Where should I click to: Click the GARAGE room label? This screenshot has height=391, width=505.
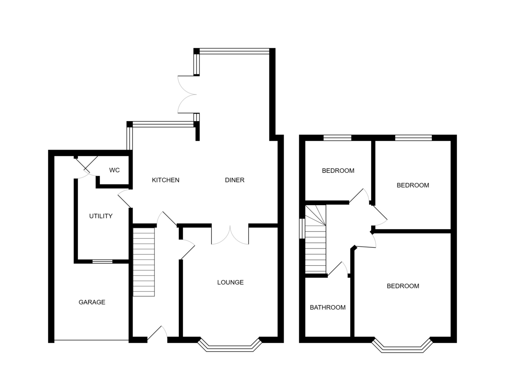tap(92, 302)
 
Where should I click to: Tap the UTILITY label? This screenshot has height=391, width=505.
tap(101, 216)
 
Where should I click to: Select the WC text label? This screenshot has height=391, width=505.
tap(114, 170)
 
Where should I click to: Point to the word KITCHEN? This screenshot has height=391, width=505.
tap(165, 180)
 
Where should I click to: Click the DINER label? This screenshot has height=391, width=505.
tap(234, 180)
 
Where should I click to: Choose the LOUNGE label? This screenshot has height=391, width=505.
tap(230, 283)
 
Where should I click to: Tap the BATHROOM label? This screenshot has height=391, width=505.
tap(327, 307)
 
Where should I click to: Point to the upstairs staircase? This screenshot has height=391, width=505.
tap(316, 240)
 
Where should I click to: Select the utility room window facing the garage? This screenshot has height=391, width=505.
tap(102, 262)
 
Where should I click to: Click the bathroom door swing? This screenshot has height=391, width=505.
tap(338, 269)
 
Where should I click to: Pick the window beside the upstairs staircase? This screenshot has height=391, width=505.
tap(302, 228)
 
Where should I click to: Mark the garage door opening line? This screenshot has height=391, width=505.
tap(91, 340)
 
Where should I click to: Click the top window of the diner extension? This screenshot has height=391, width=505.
tap(234, 51)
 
